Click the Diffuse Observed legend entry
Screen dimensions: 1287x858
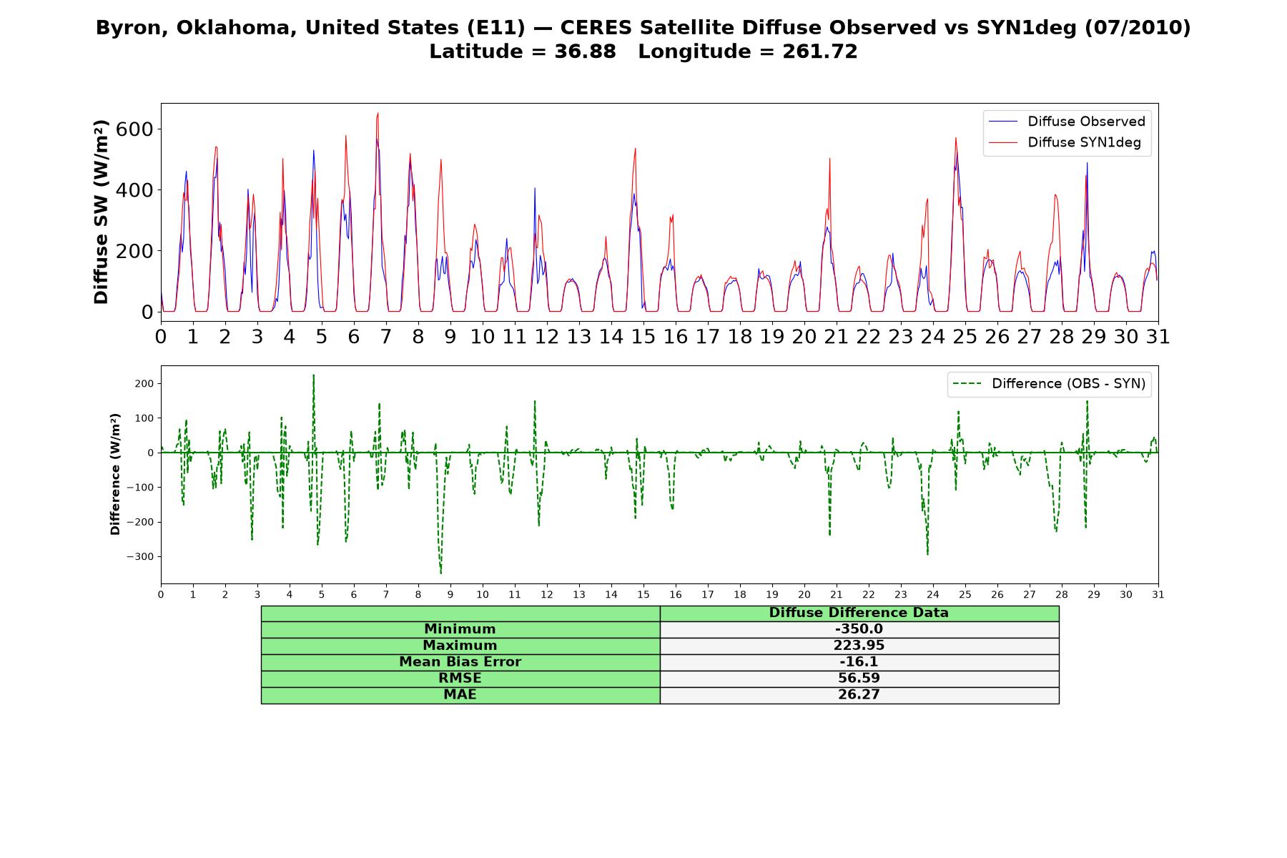tap(1066, 122)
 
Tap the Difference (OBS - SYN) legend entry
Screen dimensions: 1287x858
tap(1050, 384)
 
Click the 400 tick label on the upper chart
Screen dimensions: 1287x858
tap(139, 190)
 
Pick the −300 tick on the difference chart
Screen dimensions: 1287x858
tap(139, 557)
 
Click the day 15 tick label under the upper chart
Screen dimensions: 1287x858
tap(643, 337)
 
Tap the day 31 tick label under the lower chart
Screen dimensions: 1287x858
tap(1158, 594)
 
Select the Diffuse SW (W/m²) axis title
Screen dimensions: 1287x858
tap(102, 212)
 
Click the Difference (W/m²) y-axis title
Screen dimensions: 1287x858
tap(115, 475)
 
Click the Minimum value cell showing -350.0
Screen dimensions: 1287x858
tap(859, 629)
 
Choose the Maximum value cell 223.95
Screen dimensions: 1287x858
tap(859, 646)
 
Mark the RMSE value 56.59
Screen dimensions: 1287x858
tap(859, 679)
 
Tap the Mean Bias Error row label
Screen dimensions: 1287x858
tap(460, 662)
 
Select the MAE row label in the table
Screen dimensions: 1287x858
tap(460, 695)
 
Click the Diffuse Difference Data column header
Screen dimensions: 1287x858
tap(859, 613)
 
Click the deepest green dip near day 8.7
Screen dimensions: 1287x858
tap(441, 573)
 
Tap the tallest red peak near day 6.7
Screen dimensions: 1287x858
tap(378, 113)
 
